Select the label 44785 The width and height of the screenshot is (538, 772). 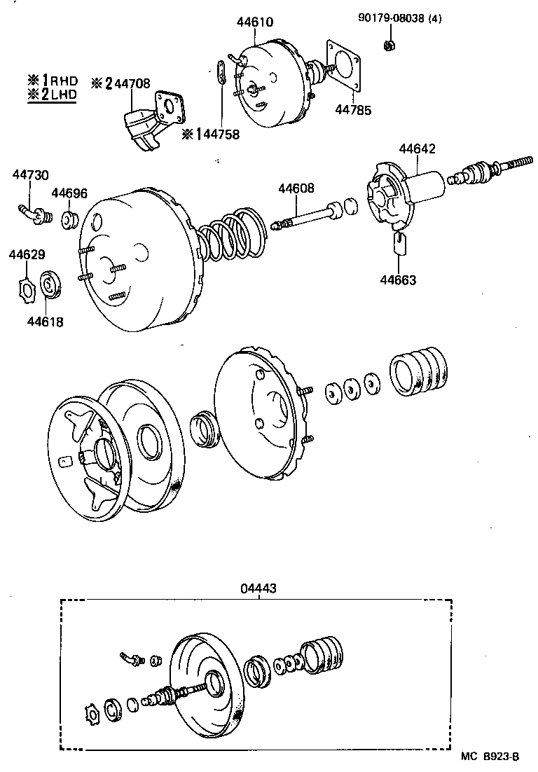click(353, 110)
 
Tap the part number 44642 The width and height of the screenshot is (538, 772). click(417, 149)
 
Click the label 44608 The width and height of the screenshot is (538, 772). click(296, 188)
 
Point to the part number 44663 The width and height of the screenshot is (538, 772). click(398, 280)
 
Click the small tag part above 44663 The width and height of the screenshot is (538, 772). click(400, 243)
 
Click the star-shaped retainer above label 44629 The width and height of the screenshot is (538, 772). click(27, 288)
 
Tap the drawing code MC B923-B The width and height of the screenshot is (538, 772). click(490, 757)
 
